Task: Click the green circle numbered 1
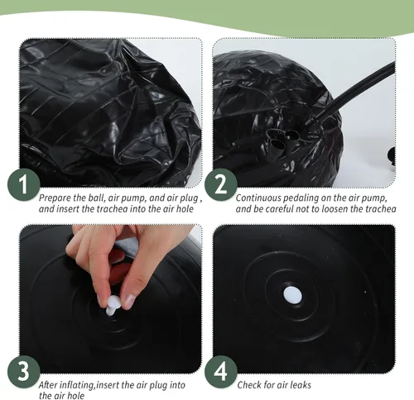24,184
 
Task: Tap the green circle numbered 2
221,184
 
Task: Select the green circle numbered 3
24,371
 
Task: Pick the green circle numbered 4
221,371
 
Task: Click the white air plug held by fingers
113,305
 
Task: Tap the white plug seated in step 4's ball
292,295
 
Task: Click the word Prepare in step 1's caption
55,198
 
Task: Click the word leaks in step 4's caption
300,385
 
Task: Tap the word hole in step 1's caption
185,209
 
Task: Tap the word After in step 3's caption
48,385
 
